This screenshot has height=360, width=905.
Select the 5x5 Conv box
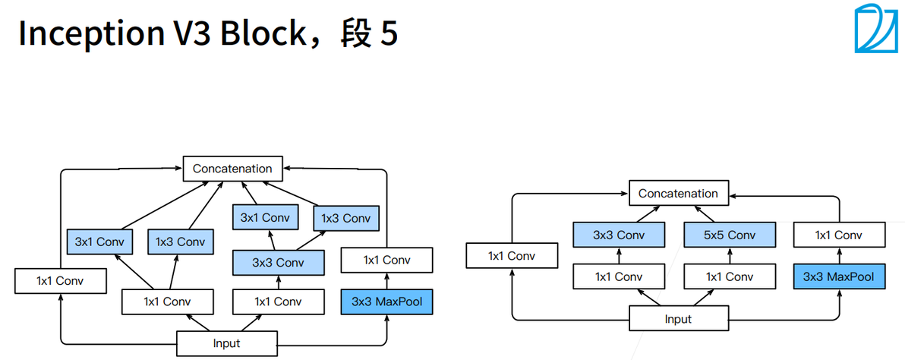pos(730,235)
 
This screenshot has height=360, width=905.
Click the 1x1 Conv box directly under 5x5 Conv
pos(730,276)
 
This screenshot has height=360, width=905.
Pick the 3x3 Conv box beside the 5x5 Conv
pos(619,235)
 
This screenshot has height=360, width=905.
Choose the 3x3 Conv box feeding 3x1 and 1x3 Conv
pos(278,263)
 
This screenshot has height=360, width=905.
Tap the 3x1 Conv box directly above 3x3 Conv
pos(265,217)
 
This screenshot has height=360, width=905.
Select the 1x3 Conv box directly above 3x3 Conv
pos(345,219)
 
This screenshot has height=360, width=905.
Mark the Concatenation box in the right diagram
pos(679,193)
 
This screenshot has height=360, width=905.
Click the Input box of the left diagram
pos(226,343)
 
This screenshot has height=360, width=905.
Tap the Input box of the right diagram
pos(678,319)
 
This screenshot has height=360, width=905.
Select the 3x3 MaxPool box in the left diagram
pos(386,302)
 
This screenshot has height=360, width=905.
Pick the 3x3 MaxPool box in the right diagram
pos(839,276)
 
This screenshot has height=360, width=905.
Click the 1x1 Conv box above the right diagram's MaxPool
pos(839,235)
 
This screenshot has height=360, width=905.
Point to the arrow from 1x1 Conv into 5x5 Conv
pos(730,256)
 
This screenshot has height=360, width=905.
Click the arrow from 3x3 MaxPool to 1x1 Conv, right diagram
pos(839,256)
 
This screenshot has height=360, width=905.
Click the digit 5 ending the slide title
pos(387,34)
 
